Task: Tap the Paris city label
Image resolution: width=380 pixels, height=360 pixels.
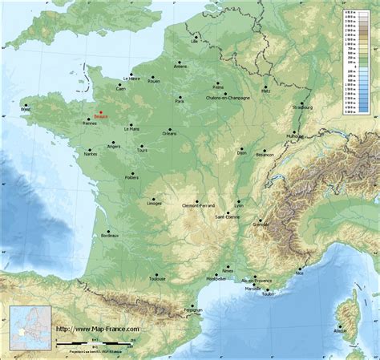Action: (x=180, y=102)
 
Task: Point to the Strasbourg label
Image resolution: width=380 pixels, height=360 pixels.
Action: (x=301, y=107)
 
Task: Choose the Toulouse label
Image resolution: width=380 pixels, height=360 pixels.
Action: (x=157, y=280)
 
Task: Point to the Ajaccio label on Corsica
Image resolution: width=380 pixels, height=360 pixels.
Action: (x=341, y=330)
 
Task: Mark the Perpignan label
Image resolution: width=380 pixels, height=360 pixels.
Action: (x=192, y=309)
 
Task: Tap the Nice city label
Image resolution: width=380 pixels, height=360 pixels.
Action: (x=300, y=273)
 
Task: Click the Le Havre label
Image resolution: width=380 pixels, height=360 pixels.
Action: (x=132, y=79)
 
